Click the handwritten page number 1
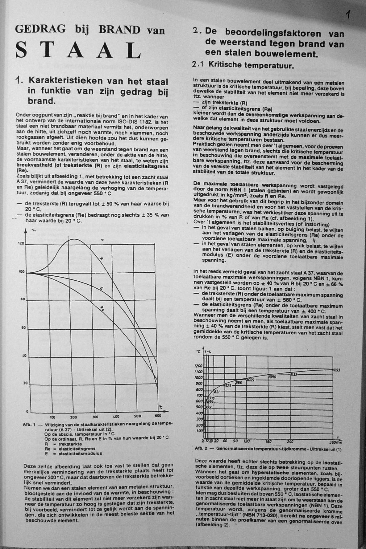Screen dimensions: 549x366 pos(348,15)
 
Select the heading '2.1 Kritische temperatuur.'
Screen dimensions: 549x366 pos(243,65)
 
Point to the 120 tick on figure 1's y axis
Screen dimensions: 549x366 pos(21,244)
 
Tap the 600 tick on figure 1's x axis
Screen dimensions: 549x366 pos(158,416)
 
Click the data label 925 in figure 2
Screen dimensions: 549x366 pos(228,385)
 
